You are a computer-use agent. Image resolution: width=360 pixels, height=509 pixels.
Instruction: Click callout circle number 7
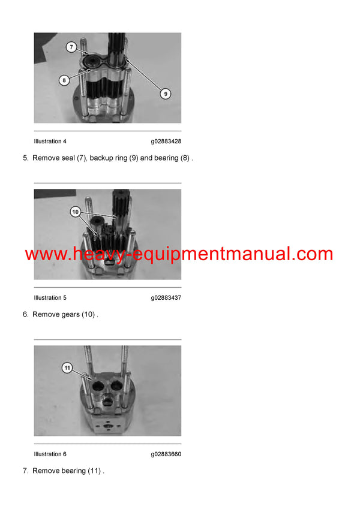click(70, 46)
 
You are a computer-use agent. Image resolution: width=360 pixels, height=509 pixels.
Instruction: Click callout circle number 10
click(75, 211)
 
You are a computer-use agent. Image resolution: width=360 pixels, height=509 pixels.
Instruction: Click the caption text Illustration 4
click(50, 141)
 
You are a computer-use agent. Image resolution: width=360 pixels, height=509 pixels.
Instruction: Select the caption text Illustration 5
click(50, 298)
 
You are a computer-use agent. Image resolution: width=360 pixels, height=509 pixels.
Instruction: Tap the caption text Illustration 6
click(50, 454)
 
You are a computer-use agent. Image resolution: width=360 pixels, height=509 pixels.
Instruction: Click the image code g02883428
click(166, 141)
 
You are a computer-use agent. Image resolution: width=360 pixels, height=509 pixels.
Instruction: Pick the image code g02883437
click(166, 298)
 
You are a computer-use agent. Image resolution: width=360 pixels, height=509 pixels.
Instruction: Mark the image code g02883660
click(166, 454)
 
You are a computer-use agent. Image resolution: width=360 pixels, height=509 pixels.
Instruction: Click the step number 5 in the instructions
click(25, 158)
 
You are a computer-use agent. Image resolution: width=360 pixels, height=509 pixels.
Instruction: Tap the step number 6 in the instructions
click(25, 315)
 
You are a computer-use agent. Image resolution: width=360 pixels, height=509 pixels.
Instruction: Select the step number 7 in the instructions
click(25, 471)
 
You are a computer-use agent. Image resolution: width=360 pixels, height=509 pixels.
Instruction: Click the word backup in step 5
click(101, 158)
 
